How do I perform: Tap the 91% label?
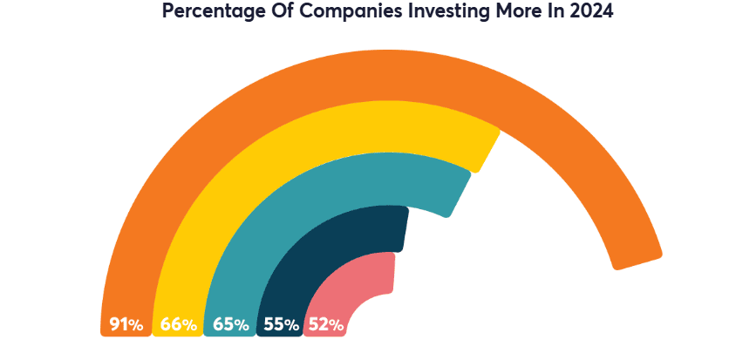[x=126, y=325]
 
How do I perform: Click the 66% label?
[x=178, y=325]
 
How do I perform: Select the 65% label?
[x=229, y=325]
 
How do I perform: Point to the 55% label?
[x=281, y=325]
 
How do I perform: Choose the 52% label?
[x=326, y=325]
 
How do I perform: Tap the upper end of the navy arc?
[x=401, y=229]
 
